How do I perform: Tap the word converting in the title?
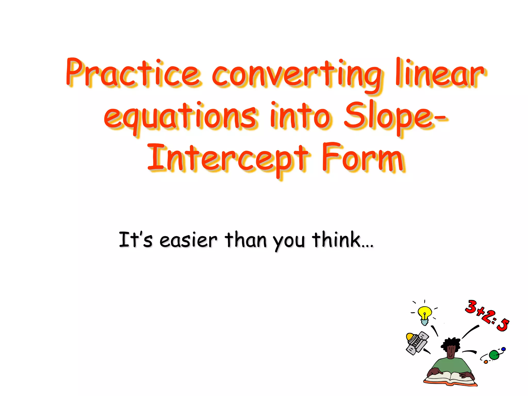[x=296, y=75]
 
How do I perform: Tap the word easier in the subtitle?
[x=188, y=240]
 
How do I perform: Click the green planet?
[x=494, y=355]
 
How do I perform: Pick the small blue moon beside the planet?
[x=503, y=349]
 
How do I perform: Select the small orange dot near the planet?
[x=486, y=362]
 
